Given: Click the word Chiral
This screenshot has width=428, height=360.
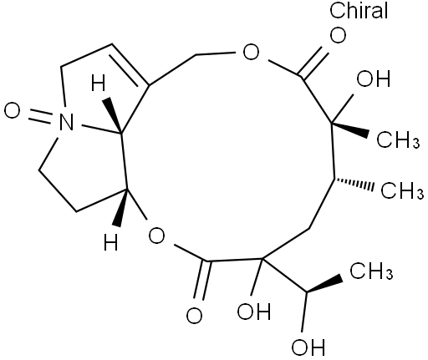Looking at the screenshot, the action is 359,10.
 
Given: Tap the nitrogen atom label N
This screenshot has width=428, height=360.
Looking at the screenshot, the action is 67,122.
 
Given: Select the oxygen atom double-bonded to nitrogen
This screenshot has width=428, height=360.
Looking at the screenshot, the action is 13,110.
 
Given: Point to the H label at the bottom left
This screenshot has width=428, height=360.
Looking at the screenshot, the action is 111,241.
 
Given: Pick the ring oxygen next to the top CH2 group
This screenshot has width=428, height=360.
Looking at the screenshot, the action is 251,52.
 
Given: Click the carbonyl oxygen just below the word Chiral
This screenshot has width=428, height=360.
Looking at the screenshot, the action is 338,35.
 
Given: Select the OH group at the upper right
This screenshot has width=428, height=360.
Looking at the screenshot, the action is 374,79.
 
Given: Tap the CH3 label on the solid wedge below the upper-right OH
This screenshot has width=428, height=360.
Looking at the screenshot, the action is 398,139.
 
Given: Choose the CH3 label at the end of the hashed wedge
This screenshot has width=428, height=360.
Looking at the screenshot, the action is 402,190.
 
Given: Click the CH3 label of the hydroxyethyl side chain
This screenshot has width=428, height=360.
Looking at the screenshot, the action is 371,271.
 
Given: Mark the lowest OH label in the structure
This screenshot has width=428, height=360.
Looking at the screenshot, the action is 308,347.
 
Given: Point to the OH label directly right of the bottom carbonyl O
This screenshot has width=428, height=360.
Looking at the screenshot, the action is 254,311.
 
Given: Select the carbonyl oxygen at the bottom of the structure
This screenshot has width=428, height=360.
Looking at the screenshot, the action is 194,315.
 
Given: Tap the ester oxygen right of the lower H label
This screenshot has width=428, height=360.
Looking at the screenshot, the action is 156,236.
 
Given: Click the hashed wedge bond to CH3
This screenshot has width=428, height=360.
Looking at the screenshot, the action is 354,184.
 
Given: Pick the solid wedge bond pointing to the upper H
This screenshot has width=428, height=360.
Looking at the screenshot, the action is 113,115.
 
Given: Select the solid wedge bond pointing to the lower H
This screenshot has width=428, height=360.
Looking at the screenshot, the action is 122,207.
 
